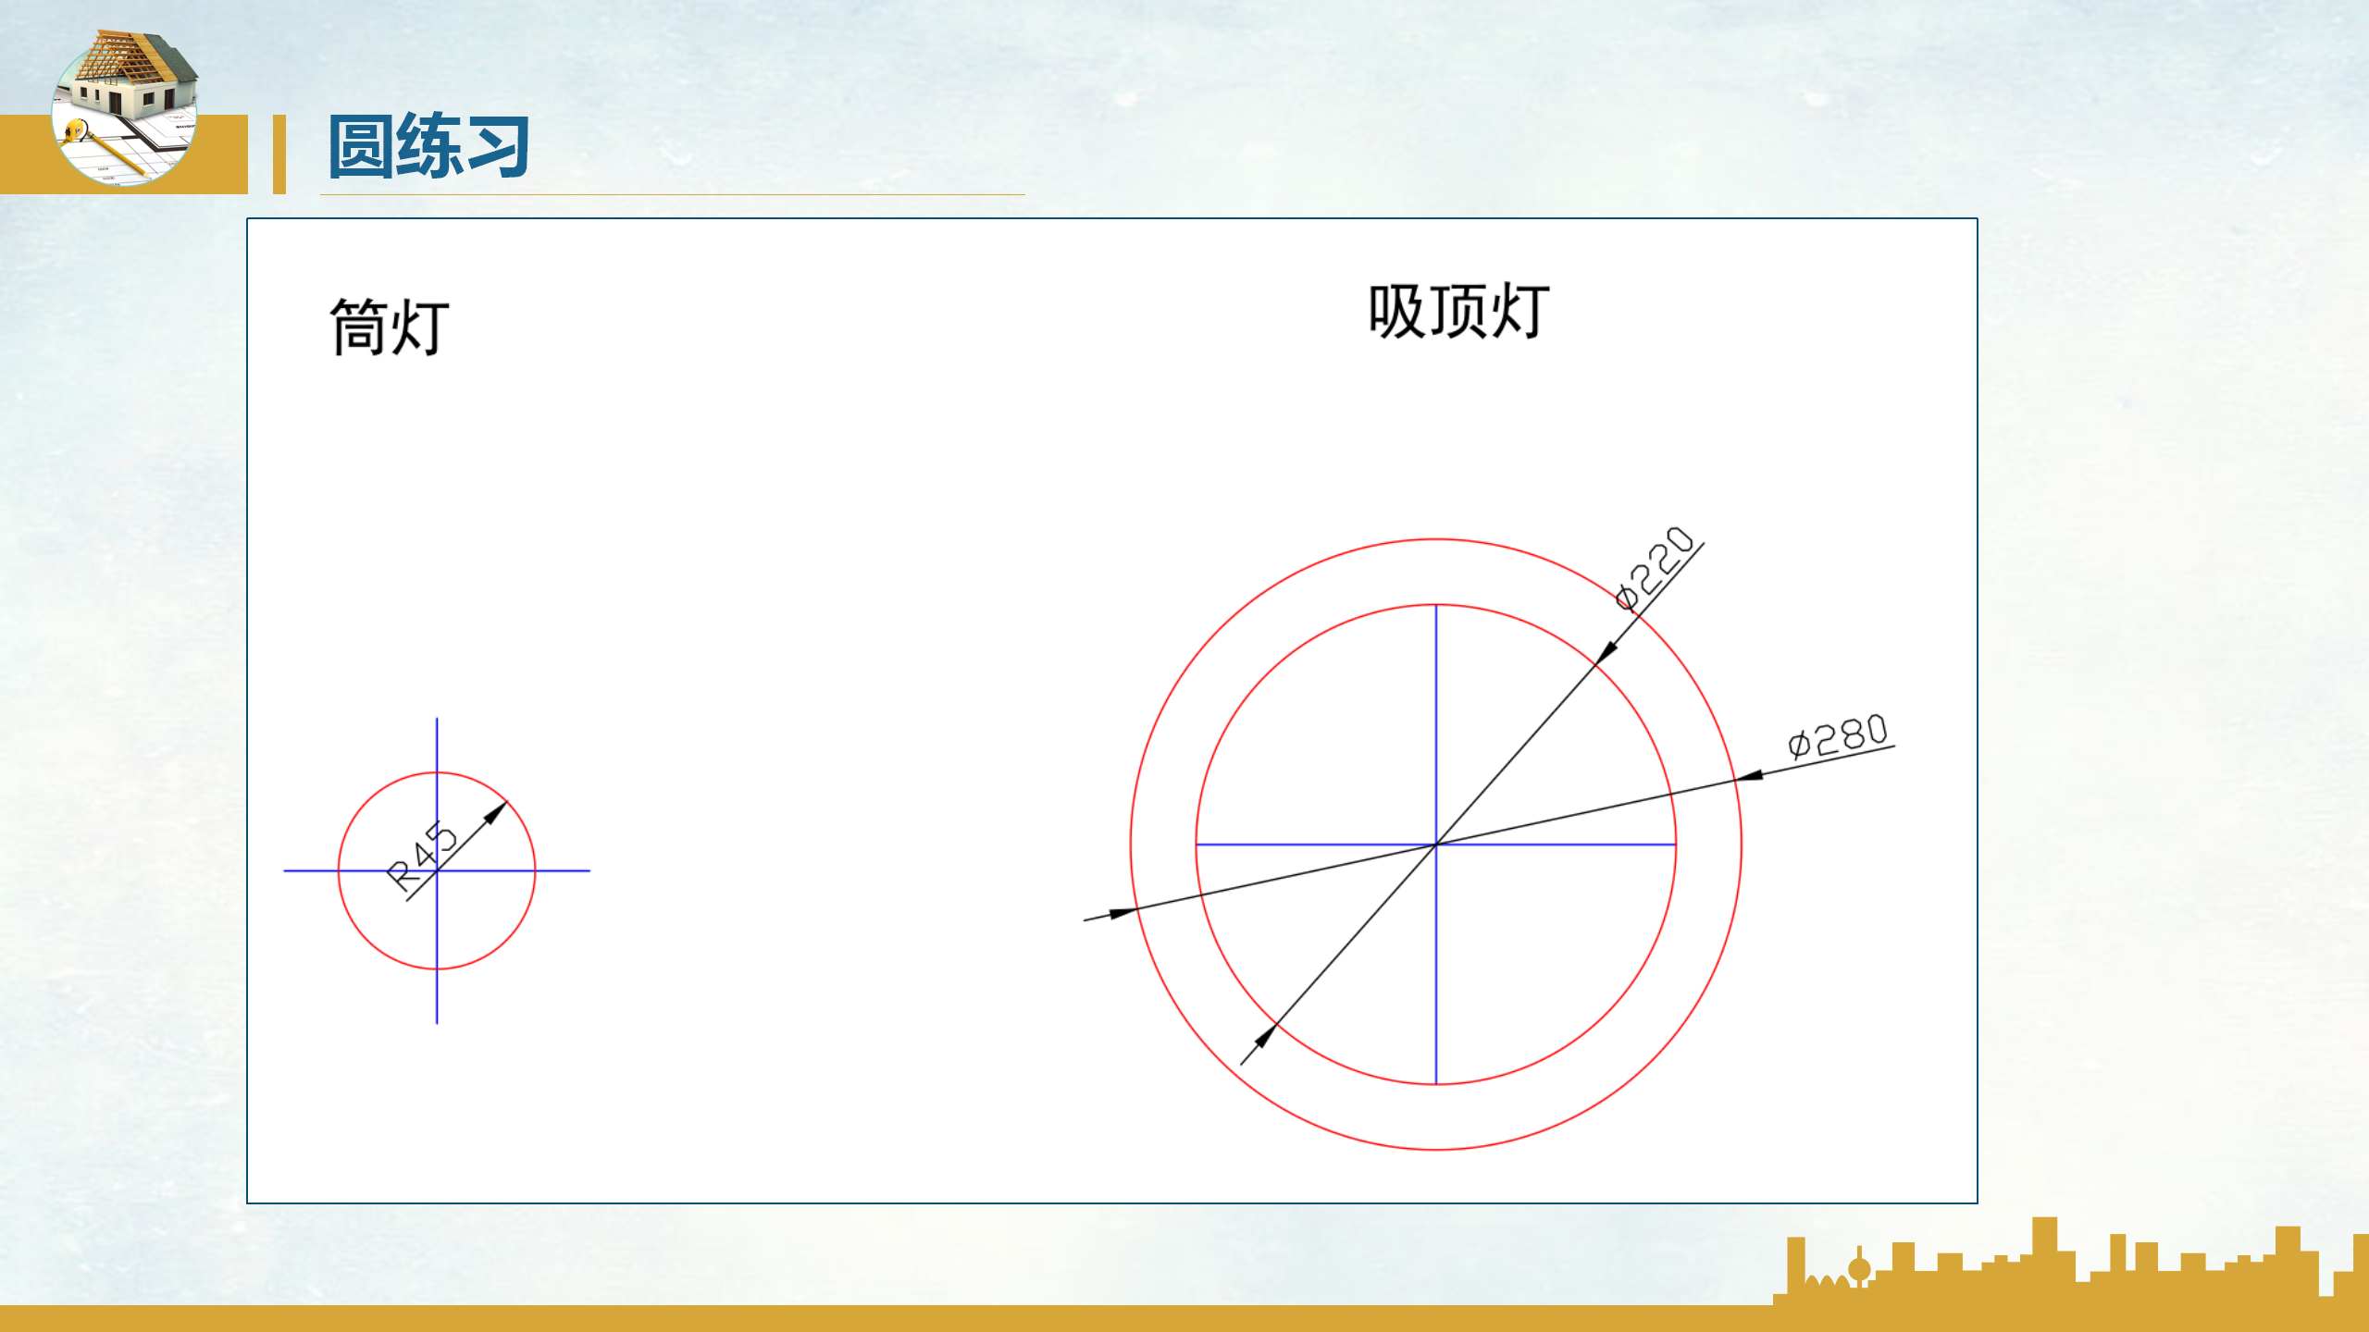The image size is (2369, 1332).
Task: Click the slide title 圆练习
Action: point(428,145)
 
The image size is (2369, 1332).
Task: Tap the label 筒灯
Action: point(390,327)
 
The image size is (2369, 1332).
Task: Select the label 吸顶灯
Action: point(1458,312)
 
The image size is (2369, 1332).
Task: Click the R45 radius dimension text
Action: point(422,856)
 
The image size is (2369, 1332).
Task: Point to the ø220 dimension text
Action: point(1654,568)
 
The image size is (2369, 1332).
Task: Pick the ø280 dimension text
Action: point(1838,736)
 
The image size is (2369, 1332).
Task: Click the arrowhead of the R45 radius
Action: point(499,810)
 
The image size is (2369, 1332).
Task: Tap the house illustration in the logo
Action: point(130,79)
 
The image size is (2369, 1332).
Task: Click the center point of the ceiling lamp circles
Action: point(1435,845)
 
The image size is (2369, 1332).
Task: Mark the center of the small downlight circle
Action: point(437,870)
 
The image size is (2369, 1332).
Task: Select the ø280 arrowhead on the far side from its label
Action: point(1122,913)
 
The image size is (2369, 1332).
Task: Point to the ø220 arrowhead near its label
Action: point(1607,651)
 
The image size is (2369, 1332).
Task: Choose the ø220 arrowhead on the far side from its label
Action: point(1264,1036)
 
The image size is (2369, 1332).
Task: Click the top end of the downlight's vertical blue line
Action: point(437,720)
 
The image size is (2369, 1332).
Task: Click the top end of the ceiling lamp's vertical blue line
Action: point(1435,607)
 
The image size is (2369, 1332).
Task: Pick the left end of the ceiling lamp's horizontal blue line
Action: point(1198,845)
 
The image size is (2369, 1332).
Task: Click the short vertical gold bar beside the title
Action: point(279,154)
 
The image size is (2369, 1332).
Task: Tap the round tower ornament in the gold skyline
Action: point(1859,1269)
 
